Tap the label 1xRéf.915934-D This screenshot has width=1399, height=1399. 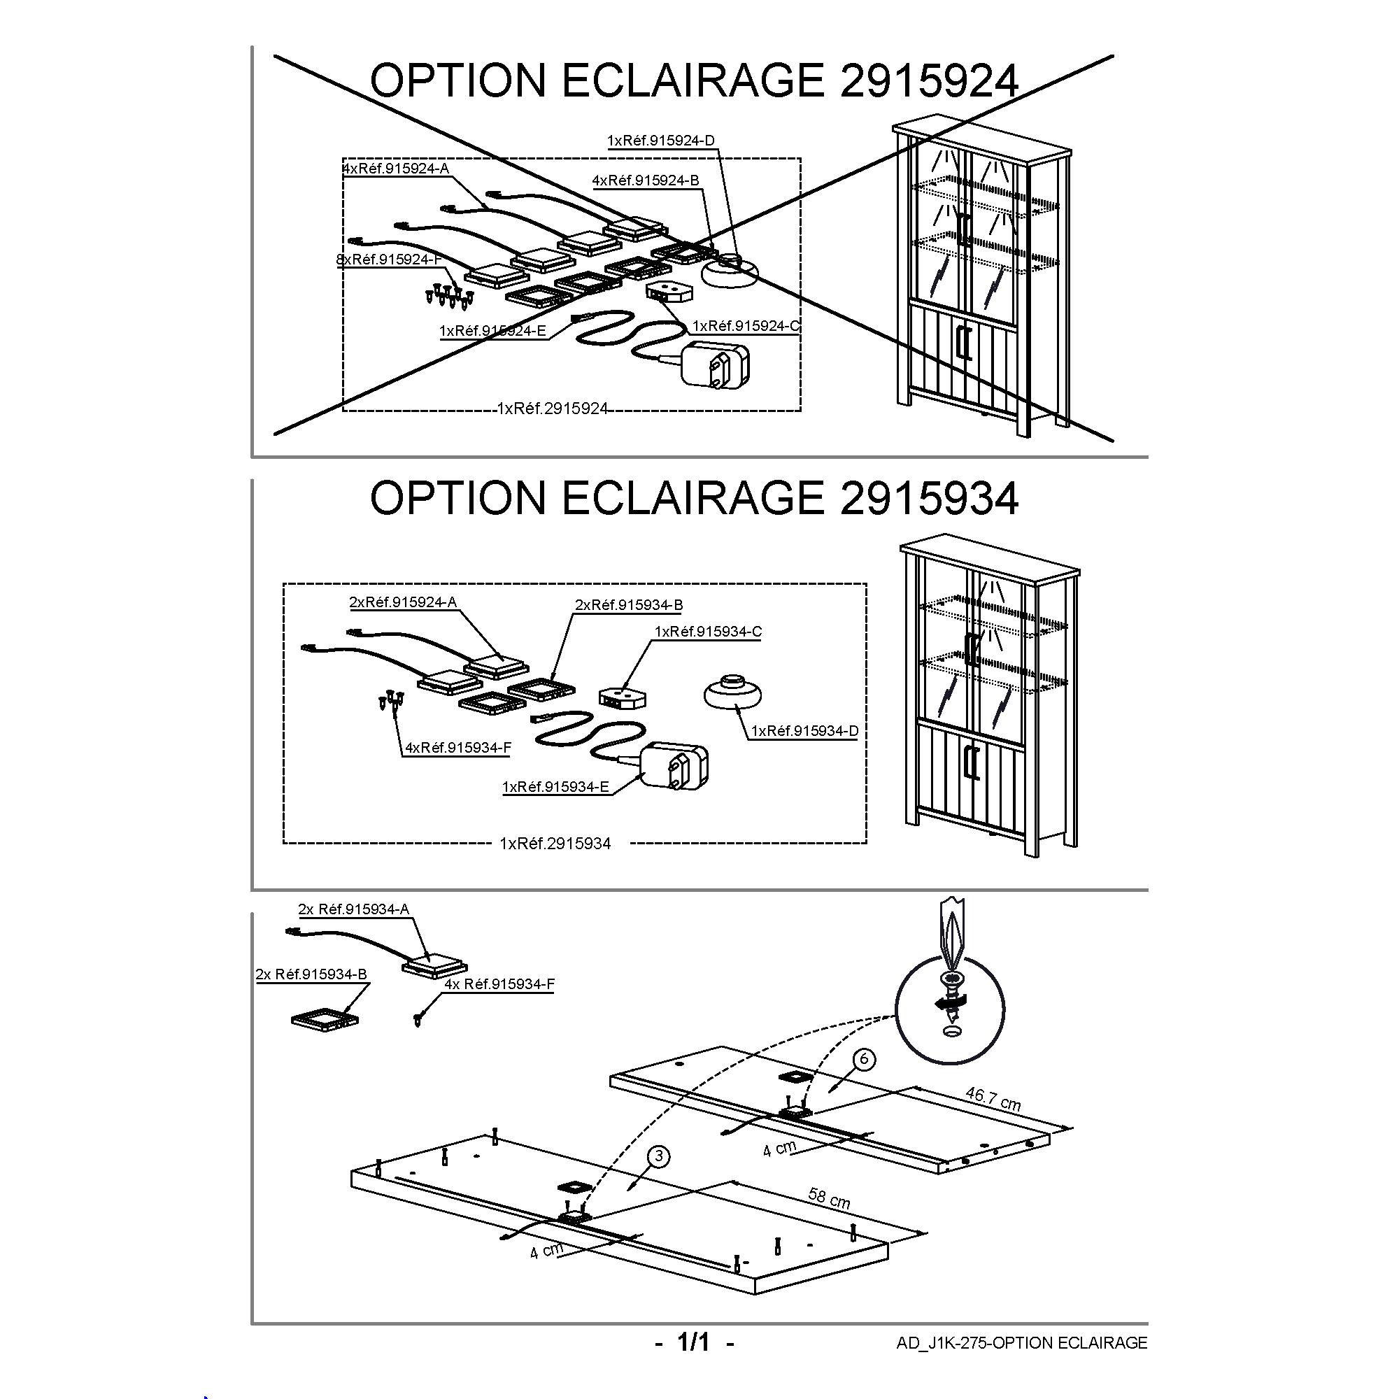click(x=804, y=731)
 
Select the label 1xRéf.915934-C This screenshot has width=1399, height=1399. click(x=707, y=632)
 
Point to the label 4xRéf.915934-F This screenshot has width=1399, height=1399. click(x=457, y=747)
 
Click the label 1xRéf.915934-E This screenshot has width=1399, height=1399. click(x=555, y=786)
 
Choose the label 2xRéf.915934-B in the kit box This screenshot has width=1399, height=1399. click(x=629, y=604)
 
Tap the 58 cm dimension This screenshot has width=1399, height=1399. click(x=829, y=1198)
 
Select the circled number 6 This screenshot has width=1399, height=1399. click(x=863, y=1058)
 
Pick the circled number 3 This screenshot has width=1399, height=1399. click(x=658, y=1157)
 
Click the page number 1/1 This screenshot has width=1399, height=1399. click(x=694, y=1342)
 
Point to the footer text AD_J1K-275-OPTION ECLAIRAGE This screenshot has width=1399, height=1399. click(x=1021, y=1343)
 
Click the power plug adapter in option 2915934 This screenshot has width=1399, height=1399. click(x=676, y=765)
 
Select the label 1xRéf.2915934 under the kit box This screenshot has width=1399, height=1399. click(x=555, y=844)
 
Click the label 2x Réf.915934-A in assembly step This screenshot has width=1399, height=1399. click(x=353, y=909)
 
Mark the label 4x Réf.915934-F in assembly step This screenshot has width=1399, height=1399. click(x=499, y=984)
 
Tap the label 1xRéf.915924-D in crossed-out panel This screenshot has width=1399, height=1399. click(x=660, y=141)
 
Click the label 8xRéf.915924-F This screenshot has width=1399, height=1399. click(x=388, y=260)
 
